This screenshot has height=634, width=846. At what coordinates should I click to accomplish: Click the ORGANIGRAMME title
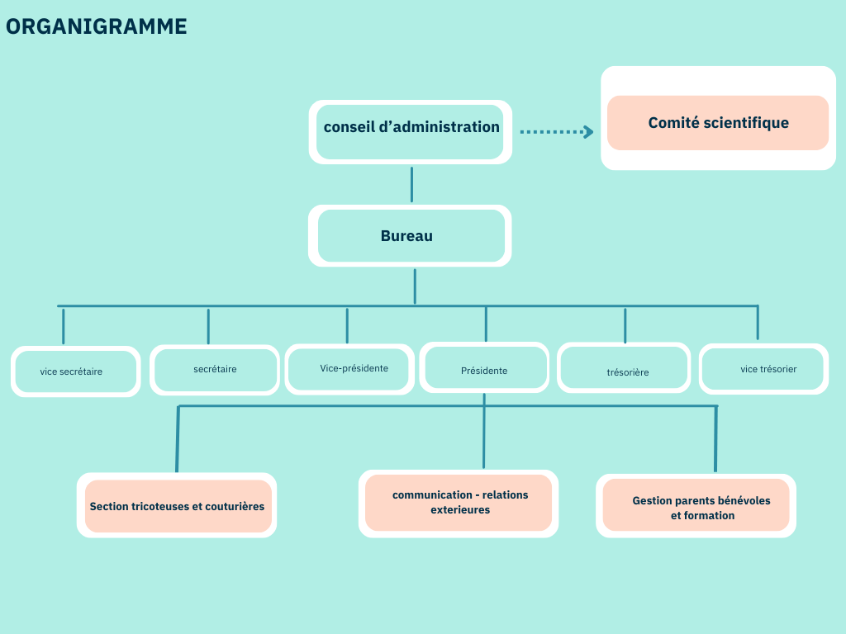click(97, 26)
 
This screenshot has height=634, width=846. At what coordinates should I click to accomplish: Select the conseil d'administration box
click(411, 131)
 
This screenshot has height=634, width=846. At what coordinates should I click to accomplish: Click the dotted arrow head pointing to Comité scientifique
click(588, 131)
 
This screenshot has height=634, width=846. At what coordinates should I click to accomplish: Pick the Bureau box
click(410, 235)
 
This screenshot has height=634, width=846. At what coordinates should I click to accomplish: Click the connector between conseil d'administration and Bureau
click(411, 184)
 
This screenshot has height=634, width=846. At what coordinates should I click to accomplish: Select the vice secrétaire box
click(75, 371)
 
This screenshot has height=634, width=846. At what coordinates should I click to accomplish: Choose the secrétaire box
click(215, 370)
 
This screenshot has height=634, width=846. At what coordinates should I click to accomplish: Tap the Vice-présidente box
click(349, 369)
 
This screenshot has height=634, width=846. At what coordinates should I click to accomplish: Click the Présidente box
click(484, 367)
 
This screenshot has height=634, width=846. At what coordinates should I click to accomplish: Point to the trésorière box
click(624, 367)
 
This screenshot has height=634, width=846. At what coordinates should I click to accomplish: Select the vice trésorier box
click(764, 369)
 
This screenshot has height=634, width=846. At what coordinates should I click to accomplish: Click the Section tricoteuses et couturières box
click(177, 506)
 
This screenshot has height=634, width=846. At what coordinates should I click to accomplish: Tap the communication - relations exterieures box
click(459, 504)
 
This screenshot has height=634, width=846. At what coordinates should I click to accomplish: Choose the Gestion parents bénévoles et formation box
click(696, 506)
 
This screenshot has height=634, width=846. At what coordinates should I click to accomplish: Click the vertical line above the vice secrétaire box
click(63, 326)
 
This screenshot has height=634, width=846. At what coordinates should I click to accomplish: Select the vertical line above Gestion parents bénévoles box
click(716, 439)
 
